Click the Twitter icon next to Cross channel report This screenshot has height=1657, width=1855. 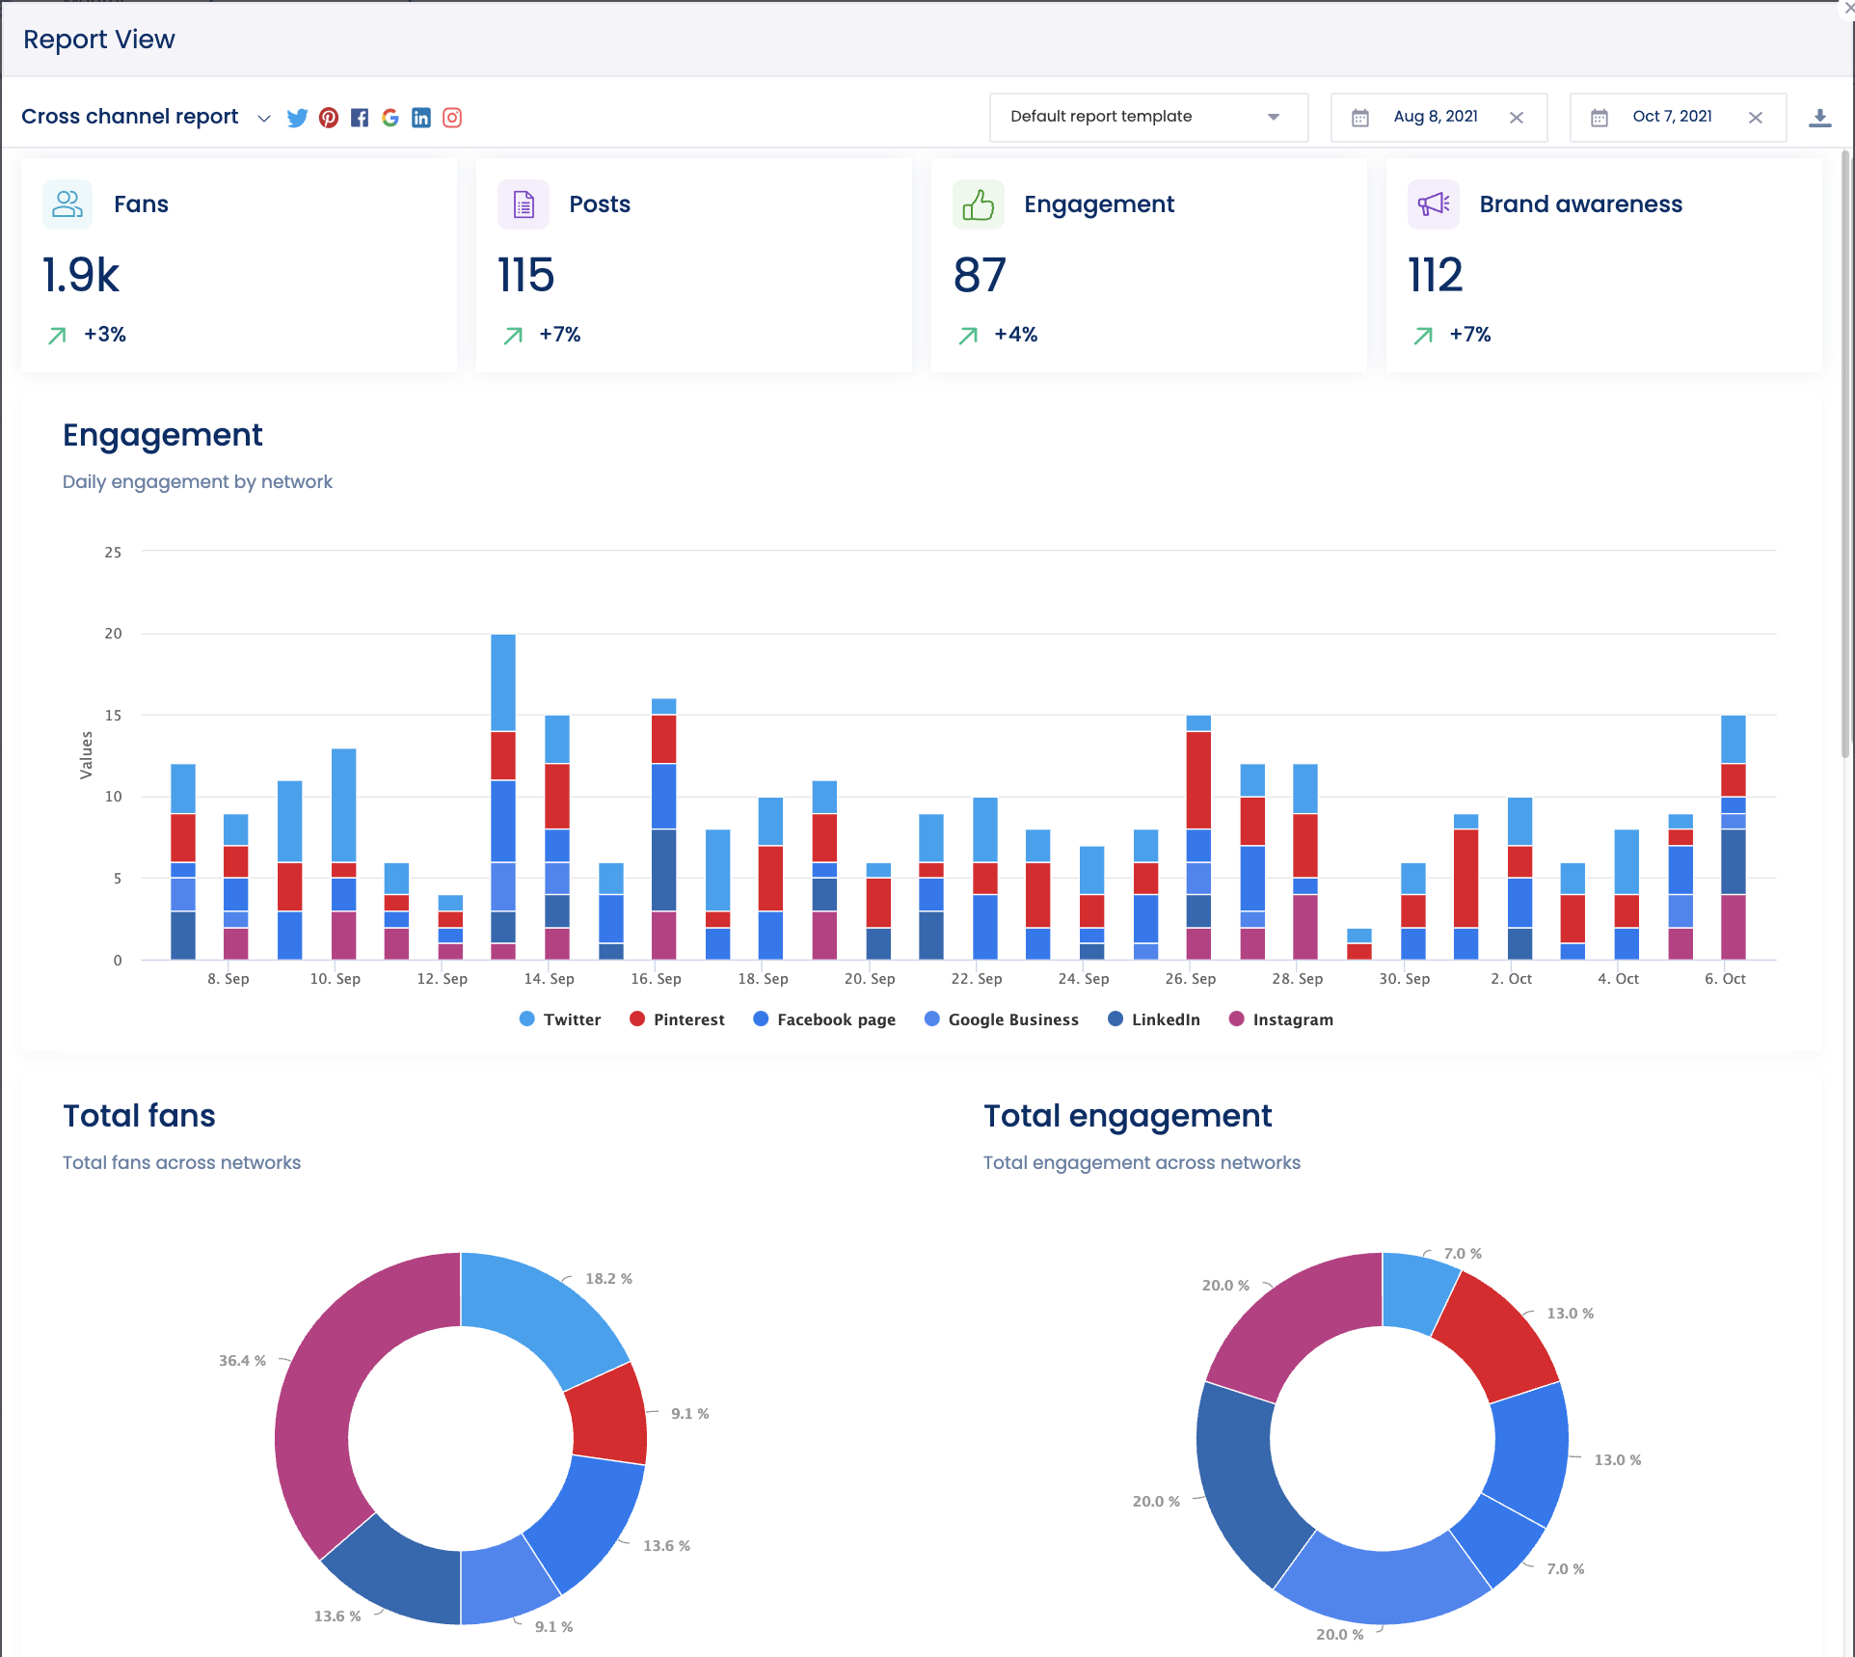click(297, 118)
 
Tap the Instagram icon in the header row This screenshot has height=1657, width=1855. click(452, 118)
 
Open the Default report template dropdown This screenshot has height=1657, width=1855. click(1147, 117)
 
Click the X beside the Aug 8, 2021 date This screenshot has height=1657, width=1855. click(1517, 118)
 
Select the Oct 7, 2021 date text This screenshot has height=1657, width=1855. click(1672, 117)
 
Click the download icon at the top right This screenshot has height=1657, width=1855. click(1819, 118)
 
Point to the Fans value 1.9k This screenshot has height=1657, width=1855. click(81, 276)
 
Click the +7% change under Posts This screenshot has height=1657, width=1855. click(559, 335)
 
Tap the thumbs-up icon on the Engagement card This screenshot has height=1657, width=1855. click(978, 204)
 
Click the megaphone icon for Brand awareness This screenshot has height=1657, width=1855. click(1434, 204)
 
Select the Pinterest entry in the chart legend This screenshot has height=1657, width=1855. click(677, 1019)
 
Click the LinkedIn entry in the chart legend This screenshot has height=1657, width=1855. click(1154, 1019)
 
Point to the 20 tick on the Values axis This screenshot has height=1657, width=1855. click(114, 634)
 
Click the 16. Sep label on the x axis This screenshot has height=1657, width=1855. click(656, 978)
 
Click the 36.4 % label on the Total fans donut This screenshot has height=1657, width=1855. click(242, 1361)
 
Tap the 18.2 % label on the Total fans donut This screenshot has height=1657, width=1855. click(608, 1279)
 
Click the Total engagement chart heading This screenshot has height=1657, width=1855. click(1127, 1116)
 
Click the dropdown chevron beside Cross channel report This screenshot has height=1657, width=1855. click(263, 119)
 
